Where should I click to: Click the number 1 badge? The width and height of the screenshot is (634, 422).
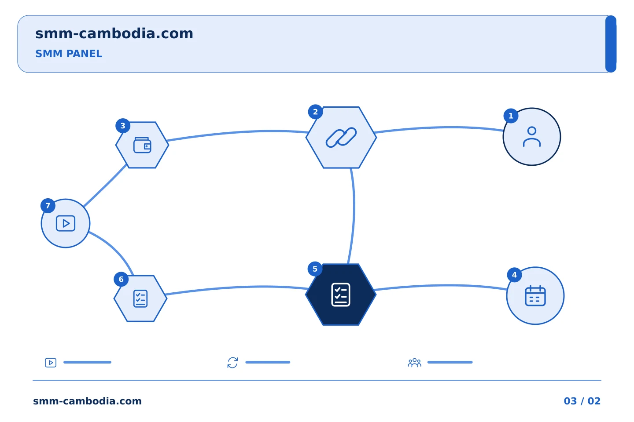[x=511, y=116]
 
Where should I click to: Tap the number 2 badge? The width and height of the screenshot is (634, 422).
[x=315, y=112]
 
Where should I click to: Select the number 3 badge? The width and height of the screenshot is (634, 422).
[x=123, y=126]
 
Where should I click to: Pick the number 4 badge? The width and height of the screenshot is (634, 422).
[x=514, y=275]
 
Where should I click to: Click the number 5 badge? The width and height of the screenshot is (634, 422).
[x=315, y=269]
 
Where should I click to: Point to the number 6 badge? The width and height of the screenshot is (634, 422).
[x=121, y=279]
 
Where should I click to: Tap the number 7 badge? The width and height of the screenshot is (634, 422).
[x=48, y=205]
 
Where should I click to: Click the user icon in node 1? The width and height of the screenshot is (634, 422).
[x=532, y=137]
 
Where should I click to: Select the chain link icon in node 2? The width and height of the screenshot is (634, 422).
[x=341, y=137]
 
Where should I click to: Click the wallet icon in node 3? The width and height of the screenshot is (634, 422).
[x=142, y=145]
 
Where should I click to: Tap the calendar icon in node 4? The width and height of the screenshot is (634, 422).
[x=535, y=296]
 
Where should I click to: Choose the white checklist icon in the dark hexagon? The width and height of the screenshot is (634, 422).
[x=341, y=295]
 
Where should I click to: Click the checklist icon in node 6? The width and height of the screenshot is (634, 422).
[x=140, y=298]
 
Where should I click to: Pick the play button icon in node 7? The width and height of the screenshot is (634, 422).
[x=66, y=223]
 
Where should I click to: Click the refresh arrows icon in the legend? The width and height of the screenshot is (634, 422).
[x=232, y=363]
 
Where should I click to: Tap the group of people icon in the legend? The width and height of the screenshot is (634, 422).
[x=415, y=362]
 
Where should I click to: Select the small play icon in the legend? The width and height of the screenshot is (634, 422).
[x=51, y=363]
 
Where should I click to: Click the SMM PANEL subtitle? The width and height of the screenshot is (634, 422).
[x=69, y=54]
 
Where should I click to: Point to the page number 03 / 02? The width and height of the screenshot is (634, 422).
[x=582, y=401]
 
